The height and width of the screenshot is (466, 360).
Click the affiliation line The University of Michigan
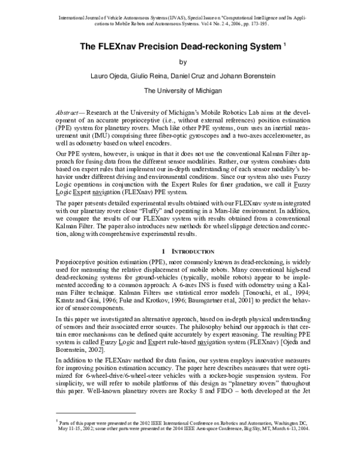pos(184,91)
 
